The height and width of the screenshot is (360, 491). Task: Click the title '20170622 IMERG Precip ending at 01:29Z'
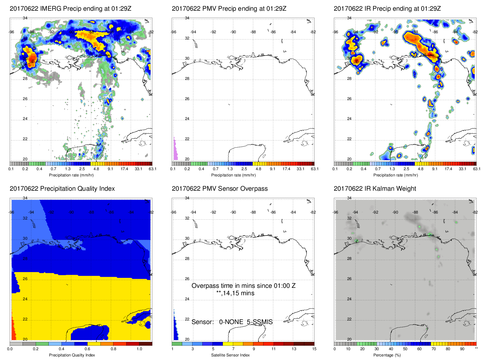[x=70, y=9]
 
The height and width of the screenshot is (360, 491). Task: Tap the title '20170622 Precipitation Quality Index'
[x=62, y=189]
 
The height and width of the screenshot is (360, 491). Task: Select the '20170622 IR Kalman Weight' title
[x=375, y=189]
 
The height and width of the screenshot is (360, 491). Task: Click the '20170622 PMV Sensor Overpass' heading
[x=220, y=189]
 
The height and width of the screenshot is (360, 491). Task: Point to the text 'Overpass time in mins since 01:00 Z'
[x=244, y=286]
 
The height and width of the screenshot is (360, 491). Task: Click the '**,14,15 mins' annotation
[x=235, y=293]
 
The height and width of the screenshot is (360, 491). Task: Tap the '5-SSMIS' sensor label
[x=260, y=322]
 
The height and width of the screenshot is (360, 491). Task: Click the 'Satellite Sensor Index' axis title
[x=230, y=355]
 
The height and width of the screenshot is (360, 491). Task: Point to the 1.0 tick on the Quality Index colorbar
[x=139, y=349]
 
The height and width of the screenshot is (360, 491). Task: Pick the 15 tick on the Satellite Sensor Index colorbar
[x=314, y=349]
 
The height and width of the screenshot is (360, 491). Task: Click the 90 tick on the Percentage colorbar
[x=462, y=349]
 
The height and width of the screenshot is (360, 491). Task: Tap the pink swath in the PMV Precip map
[x=175, y=150]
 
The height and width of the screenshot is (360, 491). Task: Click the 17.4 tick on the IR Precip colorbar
[x=448, y=169]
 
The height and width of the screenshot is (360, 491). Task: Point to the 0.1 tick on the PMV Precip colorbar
[x=173, y=169]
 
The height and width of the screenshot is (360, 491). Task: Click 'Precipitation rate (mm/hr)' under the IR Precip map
[x=395, y=175]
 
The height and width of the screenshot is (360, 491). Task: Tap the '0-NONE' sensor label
[x=231, y=322]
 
